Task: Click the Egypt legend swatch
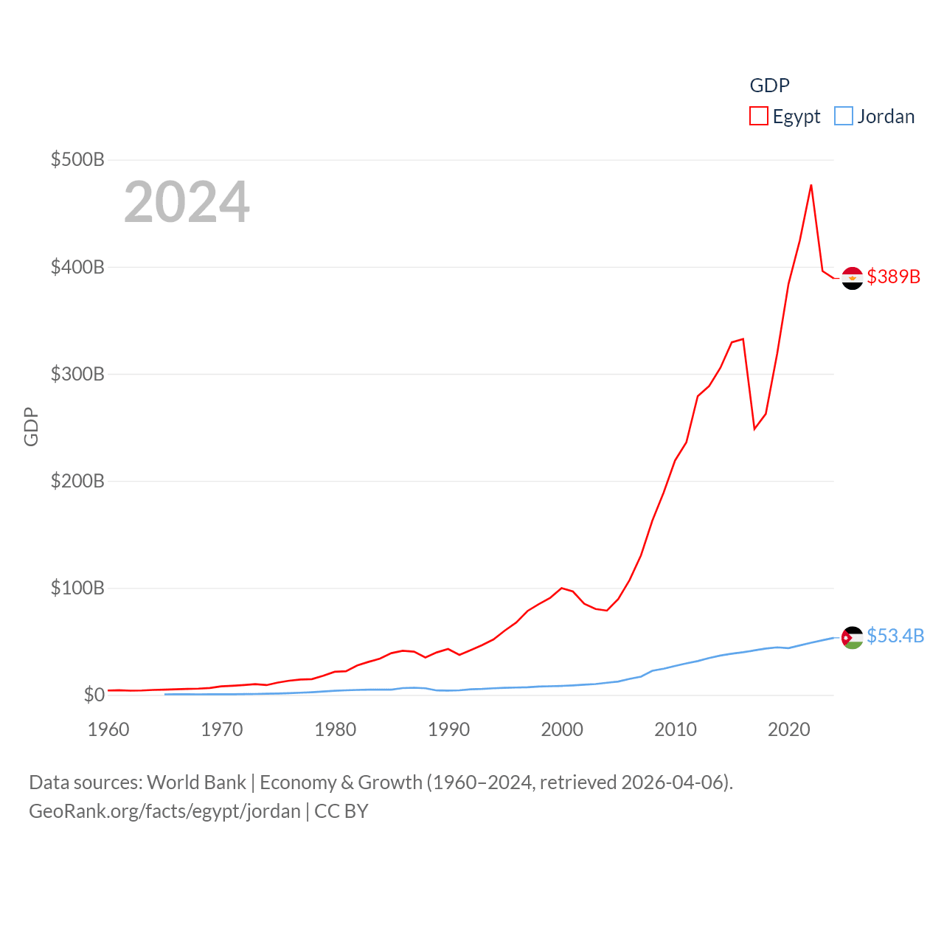(759, 117)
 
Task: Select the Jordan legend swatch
(844, 117)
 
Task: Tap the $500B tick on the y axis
(77, 159)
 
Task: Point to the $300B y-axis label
(77, 374)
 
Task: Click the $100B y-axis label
(77, 588)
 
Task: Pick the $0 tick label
(94, 695)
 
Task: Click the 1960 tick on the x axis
(108, 729)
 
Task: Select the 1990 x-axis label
(448, 729)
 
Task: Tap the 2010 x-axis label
(676, 729)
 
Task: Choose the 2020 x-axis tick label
(789, 729)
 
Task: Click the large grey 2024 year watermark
(187, 202)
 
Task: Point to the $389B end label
(893, 277)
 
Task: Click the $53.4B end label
(895, 636)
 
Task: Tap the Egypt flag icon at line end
(853, 278)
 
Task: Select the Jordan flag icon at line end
(853, 637)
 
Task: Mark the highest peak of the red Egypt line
(811, 185)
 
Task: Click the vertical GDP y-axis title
(31, 426)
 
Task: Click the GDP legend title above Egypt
(769, 86)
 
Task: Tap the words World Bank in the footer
(196, 782)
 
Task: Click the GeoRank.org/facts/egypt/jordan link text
(164, 811)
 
